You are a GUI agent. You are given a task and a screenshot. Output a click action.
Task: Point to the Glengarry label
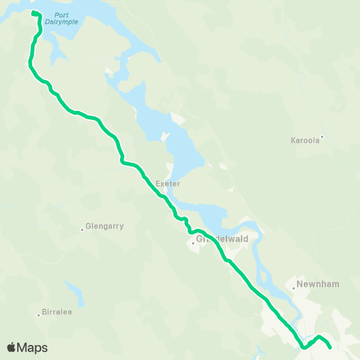point(104,226)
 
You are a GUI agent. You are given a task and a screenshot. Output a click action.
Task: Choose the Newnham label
point(313,285)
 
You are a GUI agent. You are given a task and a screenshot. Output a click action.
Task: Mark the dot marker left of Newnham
point(292,286)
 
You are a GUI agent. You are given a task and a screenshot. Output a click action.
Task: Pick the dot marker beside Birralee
point(38,313)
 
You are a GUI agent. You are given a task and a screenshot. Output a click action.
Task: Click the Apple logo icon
point(11,347)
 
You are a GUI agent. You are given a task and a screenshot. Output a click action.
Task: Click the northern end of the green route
point(33,13)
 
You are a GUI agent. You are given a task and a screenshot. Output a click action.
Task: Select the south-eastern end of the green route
point(330,347)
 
